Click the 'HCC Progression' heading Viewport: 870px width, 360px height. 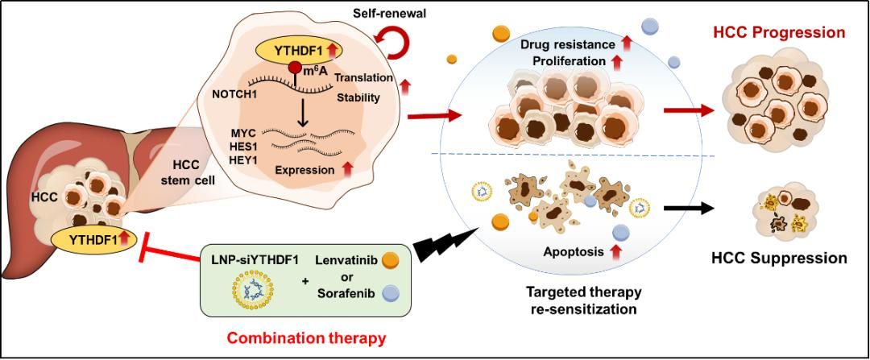point(778,33)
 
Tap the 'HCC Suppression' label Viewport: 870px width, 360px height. point(779,259)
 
